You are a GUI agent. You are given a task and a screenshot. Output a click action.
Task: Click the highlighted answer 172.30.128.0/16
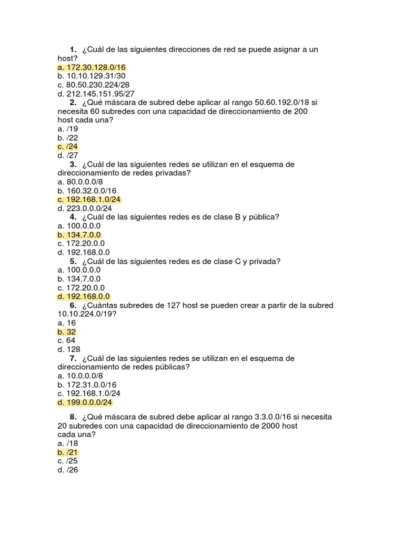92,67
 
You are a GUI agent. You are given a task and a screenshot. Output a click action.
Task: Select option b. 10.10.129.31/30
92,76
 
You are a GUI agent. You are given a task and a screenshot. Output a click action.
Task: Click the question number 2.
73,102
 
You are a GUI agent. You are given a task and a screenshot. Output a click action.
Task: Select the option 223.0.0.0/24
85,209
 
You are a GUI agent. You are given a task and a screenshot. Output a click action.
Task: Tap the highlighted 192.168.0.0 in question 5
84,297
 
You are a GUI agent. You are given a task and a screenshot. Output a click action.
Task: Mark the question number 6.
73,305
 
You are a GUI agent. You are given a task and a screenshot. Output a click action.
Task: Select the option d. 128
69,349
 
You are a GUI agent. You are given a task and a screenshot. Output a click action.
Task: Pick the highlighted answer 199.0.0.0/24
85,402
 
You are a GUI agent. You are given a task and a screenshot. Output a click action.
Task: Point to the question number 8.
73,417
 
